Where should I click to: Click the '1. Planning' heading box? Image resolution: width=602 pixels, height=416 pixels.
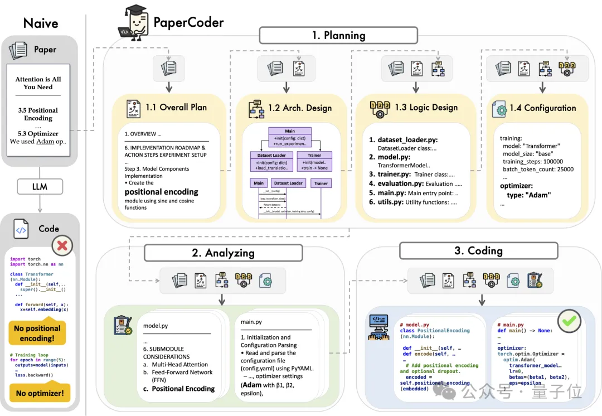point(338,36)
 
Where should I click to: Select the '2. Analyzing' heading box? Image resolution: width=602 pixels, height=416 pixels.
point(223,252)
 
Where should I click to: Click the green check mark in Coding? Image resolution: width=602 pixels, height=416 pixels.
point(569,322)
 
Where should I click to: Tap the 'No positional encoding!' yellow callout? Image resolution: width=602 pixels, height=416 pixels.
point(37,333)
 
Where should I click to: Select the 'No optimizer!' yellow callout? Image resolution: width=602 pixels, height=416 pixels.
point(39,394)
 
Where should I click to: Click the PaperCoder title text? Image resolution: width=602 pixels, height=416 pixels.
point(188,23)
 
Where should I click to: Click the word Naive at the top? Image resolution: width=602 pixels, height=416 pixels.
point(41,23)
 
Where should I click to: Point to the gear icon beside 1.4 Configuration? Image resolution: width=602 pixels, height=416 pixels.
point(498,109)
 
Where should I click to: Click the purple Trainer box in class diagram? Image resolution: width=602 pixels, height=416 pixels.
point(314,159)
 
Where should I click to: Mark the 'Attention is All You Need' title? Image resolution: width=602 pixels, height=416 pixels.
point(38,83)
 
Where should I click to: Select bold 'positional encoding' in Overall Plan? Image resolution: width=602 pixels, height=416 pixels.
point(161,192)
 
